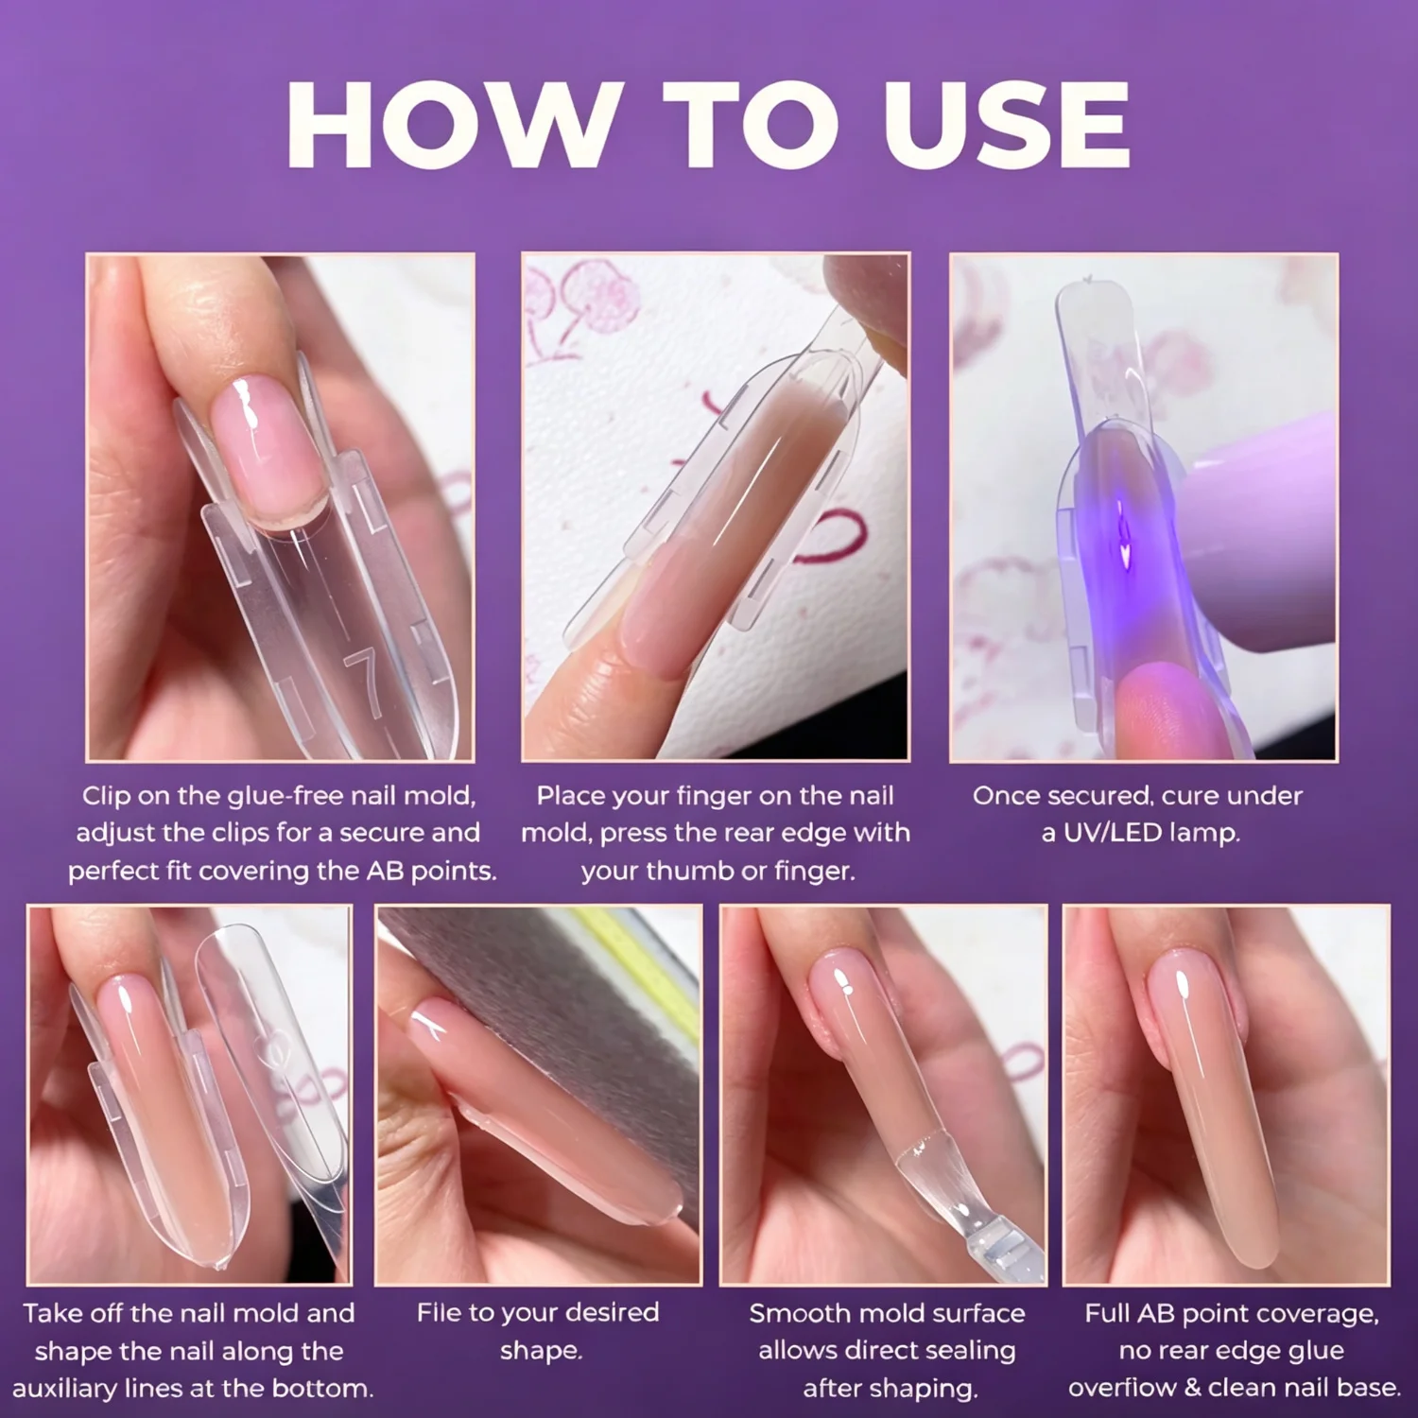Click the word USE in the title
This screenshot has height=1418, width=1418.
pyautogui.click(x=1006, y=125)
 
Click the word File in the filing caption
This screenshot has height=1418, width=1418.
pyautogui.click(x=439, y=1312)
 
